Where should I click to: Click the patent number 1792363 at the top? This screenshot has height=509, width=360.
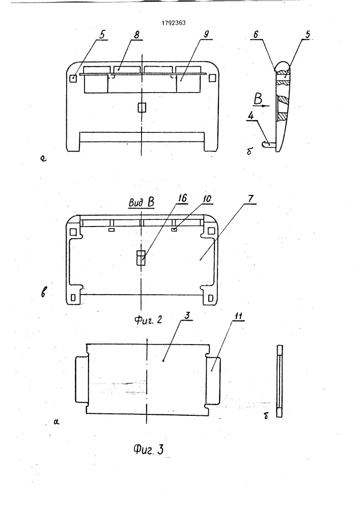click(174, 23)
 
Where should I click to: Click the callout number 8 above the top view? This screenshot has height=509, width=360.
click(136, 35)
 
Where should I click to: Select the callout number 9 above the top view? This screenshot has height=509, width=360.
click(206, 35)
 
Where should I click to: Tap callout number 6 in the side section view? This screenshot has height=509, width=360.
click(256, 35)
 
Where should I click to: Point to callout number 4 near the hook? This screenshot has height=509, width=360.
click(252, 116)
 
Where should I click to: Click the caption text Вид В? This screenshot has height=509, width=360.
click(142, 202)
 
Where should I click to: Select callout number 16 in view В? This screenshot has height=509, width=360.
click(183, 198)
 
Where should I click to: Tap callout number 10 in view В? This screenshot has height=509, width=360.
click(207, 199)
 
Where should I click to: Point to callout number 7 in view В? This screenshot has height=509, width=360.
click(251, 199)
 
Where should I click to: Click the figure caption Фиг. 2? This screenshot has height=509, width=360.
click(148, 320)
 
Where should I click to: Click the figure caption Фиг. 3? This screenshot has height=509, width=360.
click(148, 449)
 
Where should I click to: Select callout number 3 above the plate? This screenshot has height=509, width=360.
click(187, 316)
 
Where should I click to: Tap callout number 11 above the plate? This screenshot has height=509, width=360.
click(239, 316)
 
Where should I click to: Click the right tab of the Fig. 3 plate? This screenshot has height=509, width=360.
click(213, 380)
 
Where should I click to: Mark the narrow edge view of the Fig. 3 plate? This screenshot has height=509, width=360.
click(280, 381)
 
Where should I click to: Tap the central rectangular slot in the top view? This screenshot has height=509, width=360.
click(142, 107)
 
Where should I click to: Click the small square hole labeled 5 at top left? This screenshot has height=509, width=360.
click(74, 78)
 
